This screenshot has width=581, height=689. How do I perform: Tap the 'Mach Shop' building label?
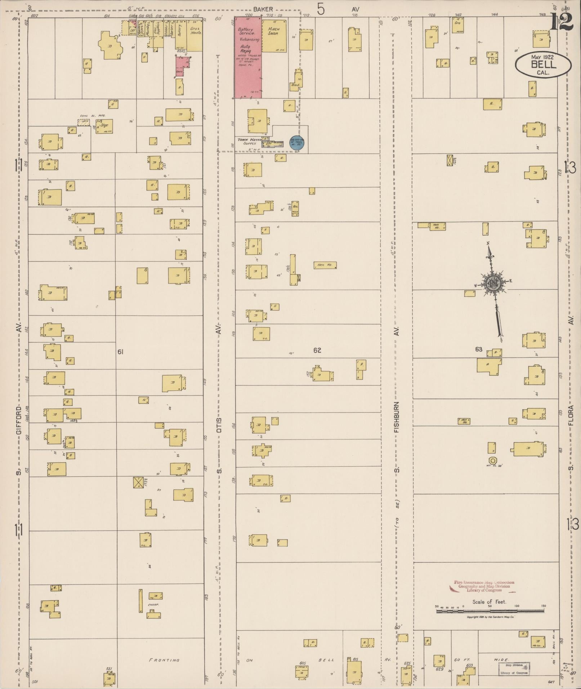tap(273, 31)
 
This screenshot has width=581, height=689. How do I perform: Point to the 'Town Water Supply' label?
tap(249, 141)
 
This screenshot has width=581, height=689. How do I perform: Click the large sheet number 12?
tap(562, 22)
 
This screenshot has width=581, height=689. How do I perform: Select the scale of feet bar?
tap(490, 611)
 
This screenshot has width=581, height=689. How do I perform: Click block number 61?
tap(120, 352)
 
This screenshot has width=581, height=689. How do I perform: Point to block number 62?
tap(317, 350)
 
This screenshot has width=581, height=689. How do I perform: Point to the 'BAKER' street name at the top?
tap(263, 9)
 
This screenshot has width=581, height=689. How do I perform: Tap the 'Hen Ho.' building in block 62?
tap(325, 265)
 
